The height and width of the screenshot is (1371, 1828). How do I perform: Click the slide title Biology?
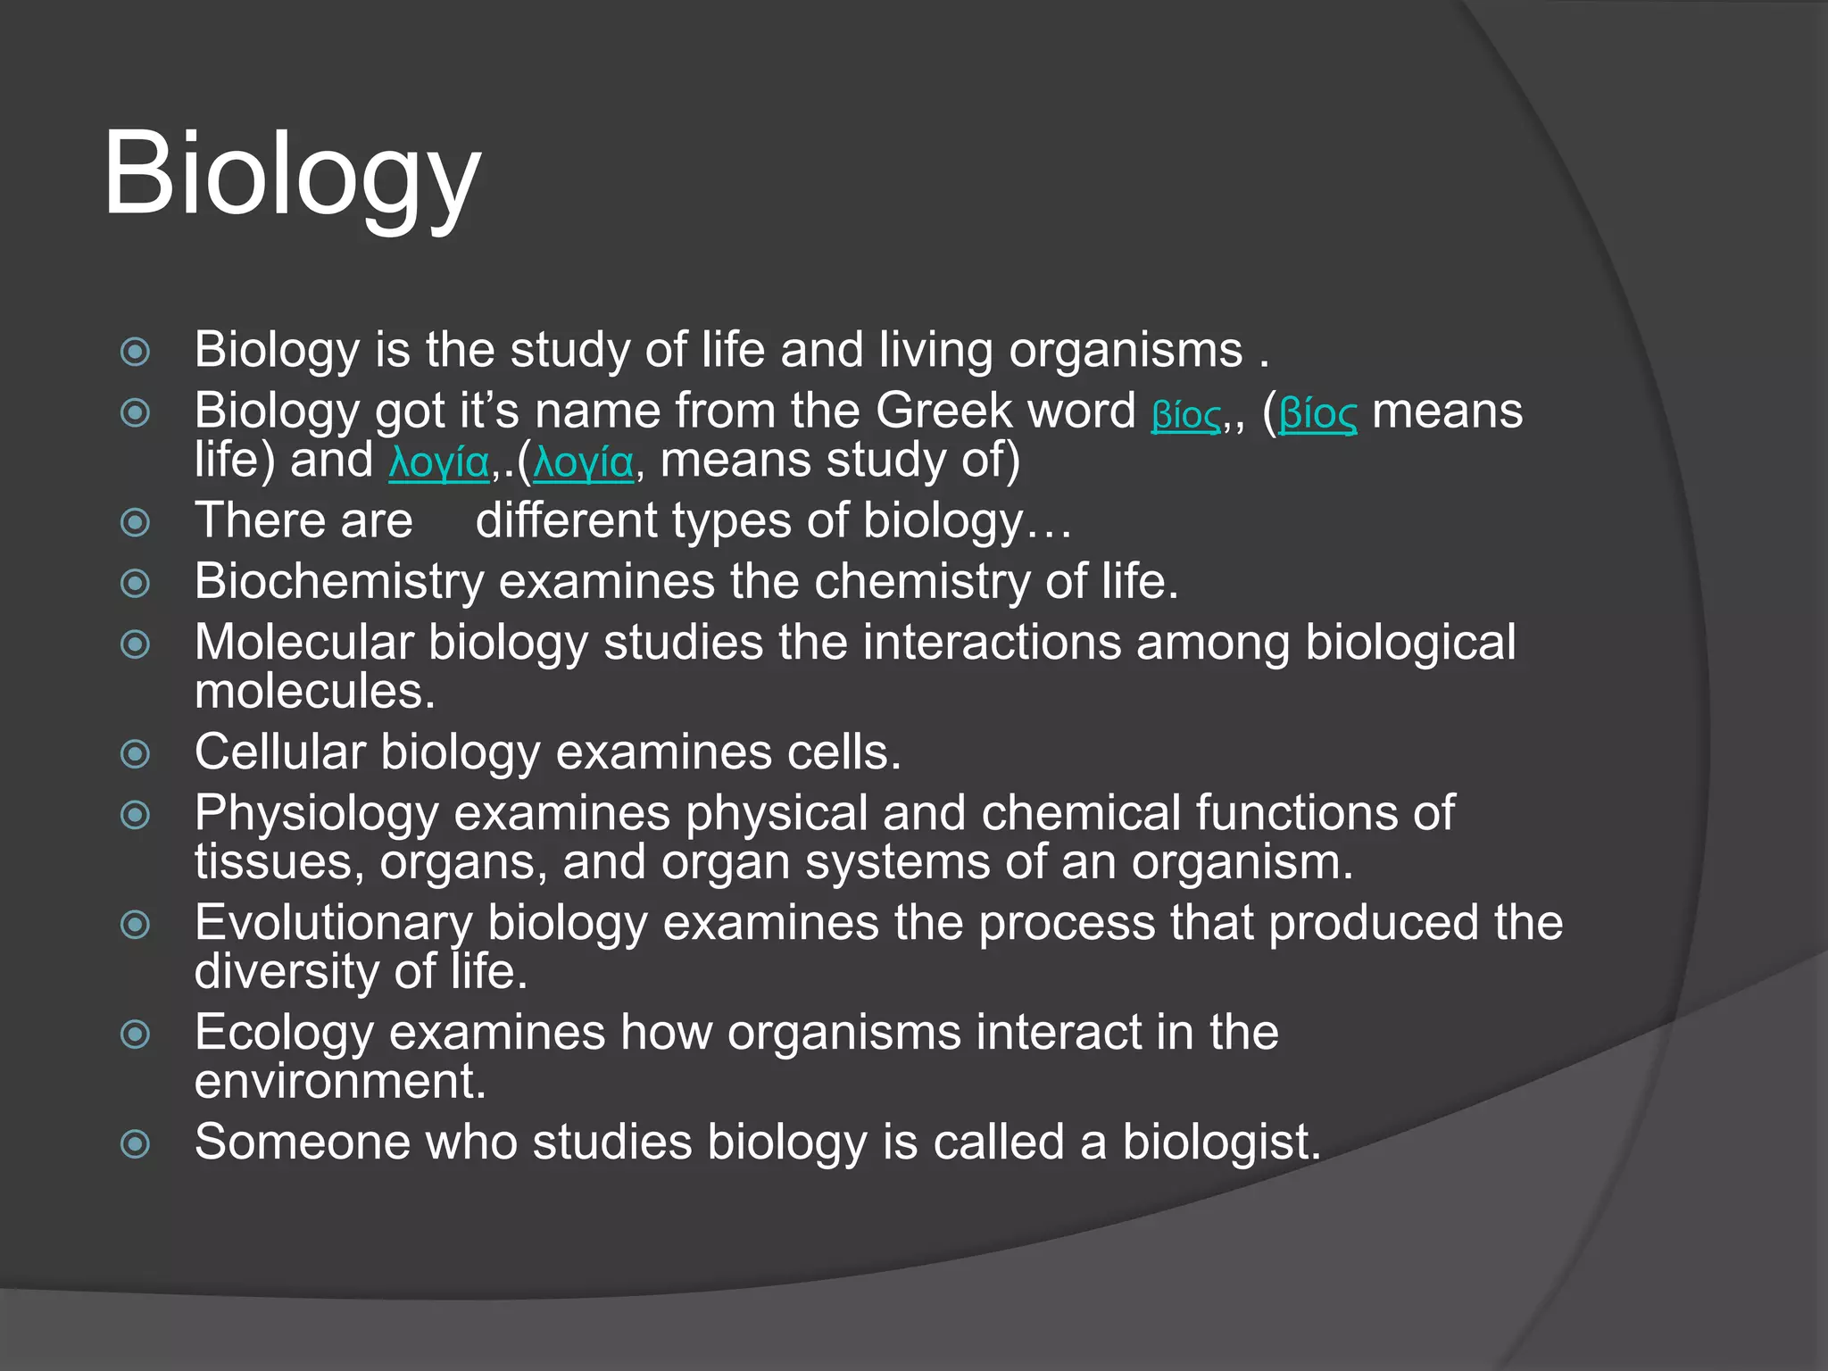(292, 174)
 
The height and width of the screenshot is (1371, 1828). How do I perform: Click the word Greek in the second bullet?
(943, 411)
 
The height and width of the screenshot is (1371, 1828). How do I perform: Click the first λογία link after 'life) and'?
(439, 462)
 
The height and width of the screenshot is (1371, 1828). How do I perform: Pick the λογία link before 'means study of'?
(584, 462)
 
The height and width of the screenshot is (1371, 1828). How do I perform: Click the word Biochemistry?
(338, 582)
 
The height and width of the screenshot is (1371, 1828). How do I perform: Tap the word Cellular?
(279, 752)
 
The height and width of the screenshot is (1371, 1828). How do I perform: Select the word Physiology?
(317, 814)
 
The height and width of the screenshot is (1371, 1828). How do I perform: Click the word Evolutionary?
(334, 923)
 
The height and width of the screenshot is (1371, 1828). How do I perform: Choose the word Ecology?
(284, 1034)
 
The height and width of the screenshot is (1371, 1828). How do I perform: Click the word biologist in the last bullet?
(1221, 1142)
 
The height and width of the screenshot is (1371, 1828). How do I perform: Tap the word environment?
(340, 1082)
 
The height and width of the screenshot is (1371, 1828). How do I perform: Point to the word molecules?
(314, 692)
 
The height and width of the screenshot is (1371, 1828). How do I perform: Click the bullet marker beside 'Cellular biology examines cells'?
(135, 754)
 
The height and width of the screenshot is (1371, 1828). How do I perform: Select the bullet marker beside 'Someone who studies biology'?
(135, 1143)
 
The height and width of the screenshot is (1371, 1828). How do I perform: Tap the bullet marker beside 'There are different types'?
(135, 522)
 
